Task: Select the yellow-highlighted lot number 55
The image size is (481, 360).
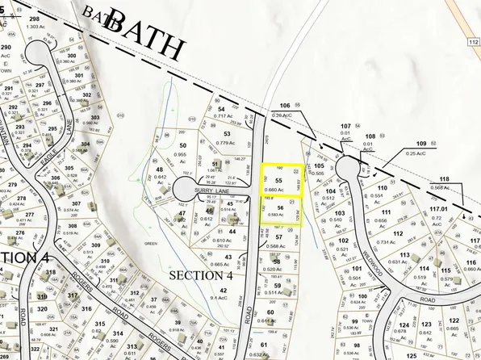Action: click(x=278, y=180)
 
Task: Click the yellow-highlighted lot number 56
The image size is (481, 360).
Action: click(x=279, y=207)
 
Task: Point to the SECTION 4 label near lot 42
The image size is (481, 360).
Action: click(x=201, y=275)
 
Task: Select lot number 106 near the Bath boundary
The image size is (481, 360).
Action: click(x=284, y=106)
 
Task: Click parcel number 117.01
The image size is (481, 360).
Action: click(x=438, y=209)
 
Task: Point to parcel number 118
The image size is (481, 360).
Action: click(x=443, y=178)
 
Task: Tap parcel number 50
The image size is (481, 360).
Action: click(x=182, y=144)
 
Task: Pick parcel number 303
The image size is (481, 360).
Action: click(x=95, y=117)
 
